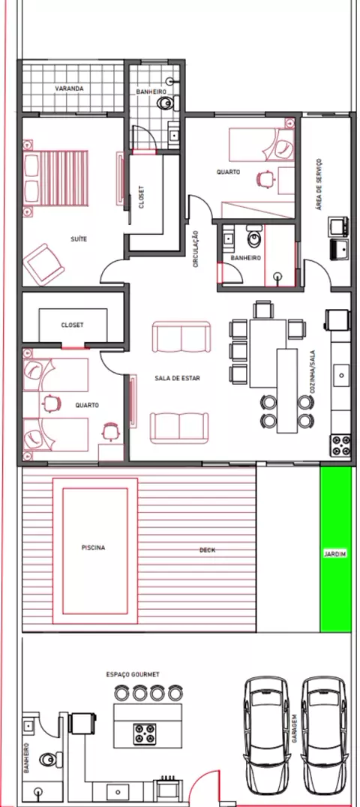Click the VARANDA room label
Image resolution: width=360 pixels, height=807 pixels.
pos(69,88)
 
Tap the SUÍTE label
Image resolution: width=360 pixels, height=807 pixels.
pos(79,238)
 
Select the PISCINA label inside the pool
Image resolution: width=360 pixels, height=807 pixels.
pos(93,547)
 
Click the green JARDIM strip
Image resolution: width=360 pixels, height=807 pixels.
pos(336,549)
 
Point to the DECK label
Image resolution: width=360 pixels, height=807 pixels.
pos(208,550)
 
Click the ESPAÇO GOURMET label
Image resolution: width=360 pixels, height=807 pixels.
pos(133,674)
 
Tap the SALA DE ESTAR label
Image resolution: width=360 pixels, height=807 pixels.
pos(177,378)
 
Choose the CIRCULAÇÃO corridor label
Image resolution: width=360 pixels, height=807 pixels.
pos(196,248)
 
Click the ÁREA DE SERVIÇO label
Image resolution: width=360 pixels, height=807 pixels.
pos(319,184)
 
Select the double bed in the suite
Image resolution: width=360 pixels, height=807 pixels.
pos(55,178)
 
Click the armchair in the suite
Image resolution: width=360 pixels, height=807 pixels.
pos(43,265)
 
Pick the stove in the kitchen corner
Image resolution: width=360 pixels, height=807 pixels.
pos(341,445)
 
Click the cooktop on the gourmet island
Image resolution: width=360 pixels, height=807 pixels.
pos(145,734)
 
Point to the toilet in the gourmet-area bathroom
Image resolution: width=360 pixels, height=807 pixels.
pos(51,758)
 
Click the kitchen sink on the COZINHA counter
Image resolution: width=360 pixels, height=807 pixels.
pos(341,375)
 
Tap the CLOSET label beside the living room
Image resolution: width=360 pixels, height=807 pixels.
pos(72,325)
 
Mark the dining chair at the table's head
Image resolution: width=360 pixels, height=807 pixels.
pos(264,310)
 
